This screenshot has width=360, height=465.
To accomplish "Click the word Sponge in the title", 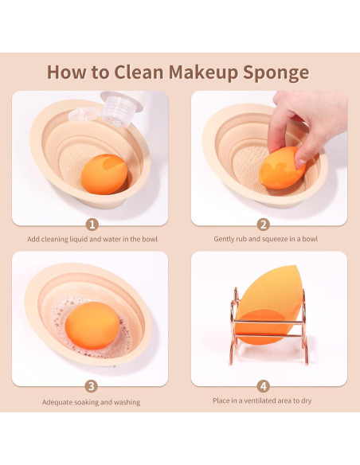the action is click(276, 72).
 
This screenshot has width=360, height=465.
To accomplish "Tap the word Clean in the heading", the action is click(139, 72).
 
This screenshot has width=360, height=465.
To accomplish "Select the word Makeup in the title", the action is click(203, 72).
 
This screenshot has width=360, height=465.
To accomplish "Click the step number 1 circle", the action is click(92, 225).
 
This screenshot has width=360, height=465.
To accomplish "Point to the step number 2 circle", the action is click(264, 225).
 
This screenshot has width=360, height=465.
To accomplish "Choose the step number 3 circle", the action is click(92, 386).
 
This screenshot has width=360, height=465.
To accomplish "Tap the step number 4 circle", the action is click(264, 386).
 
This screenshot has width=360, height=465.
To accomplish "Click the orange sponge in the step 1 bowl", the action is click(104, 174).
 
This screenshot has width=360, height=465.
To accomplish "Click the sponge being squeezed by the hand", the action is click(282, 168).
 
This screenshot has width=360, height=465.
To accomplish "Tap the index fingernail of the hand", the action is click(301, 163).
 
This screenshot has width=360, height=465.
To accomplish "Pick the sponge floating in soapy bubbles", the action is click(92, 326).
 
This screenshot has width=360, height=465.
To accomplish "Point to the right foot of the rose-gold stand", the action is click(306, 359).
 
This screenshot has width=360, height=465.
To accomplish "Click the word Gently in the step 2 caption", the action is click(224, 239).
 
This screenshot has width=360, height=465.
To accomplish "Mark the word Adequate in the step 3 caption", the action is click(57, 402).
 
